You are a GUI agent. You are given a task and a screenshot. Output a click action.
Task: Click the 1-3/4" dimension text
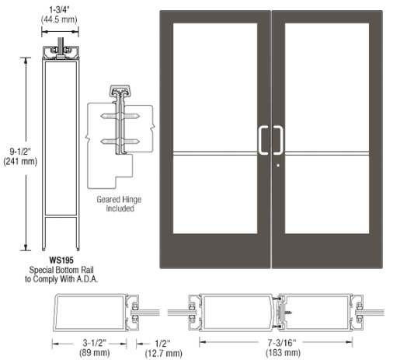(x=59, y=10)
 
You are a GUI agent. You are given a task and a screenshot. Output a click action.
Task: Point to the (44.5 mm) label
(x=59, y=19)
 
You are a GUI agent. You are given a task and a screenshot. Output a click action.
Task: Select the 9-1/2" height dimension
(x=20, y=151)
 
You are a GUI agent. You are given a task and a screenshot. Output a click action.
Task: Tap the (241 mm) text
(x=20, y=162)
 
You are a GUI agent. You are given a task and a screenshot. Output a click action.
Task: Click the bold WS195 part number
(x=61, y=260)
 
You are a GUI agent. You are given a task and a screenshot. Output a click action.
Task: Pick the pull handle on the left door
(x=263, y=140)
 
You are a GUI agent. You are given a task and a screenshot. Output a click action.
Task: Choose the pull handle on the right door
(x=278, y=140)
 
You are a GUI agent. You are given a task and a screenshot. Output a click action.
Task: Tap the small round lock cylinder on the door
(x=278, y=165)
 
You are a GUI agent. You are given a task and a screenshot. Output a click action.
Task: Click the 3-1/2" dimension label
(x=95, y=343)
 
